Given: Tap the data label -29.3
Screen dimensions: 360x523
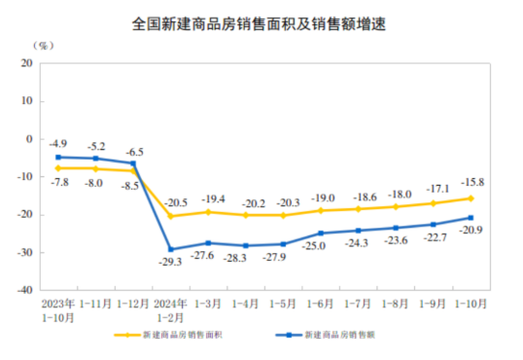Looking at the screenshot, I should [x=171, y=262].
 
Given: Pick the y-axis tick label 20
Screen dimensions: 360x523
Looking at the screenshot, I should [x=26, y=63].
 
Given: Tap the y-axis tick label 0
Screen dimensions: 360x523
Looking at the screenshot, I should [x=29, y=139].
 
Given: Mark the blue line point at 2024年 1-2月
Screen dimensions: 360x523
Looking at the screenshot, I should [x=171, y=249].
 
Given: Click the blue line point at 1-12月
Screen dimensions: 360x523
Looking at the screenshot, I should [x=133, y=163].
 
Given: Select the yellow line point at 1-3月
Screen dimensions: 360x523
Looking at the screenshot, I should [x=208, y=212].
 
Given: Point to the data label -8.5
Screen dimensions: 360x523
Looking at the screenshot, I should [x=131, y=184].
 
